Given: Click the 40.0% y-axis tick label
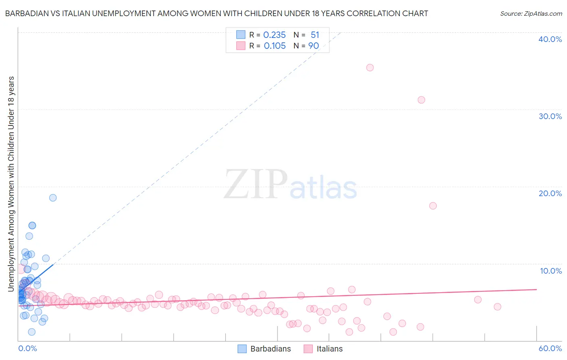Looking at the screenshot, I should pos(550,39).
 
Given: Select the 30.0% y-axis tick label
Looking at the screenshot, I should pos(550,116).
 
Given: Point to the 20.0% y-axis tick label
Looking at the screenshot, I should pos(550,193).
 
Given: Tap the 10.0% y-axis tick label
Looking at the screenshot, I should pos(551,271).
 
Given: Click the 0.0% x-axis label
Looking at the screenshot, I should pos(27,348).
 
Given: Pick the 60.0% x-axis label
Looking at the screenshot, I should pos(550,348).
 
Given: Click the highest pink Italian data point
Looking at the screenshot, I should pos(370,67).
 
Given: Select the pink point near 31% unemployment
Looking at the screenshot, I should pos(421,100).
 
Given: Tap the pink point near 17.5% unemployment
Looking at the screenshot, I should pos(433,206).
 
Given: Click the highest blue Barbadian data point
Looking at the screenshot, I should pos(53,198).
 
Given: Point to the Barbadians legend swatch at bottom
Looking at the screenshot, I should pos(242,349).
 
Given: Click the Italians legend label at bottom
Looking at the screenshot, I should pos(329,349).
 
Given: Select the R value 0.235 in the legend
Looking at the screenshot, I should pos(274,35).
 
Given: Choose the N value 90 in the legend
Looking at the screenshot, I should pos(313,46).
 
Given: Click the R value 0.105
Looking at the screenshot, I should pos(275,46).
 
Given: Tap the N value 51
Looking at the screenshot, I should pos(315,35).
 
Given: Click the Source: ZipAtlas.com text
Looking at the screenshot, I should pos(531,14).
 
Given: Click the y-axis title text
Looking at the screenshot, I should pos(11,184).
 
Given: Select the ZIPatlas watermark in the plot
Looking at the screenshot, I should pos(290,185).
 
